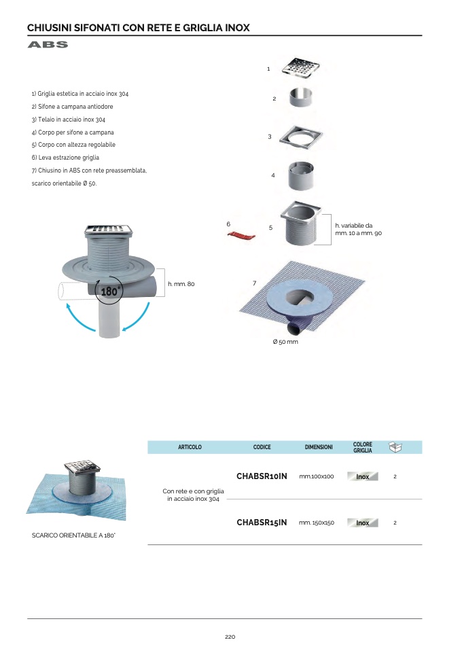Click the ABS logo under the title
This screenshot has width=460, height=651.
(x=48, y=44)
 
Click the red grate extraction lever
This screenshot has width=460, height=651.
(x=241, y=236)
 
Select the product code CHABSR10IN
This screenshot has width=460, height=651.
(x=262, y=476)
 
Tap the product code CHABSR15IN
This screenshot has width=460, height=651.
(x=262, y=523)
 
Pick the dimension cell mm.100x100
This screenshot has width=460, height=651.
(x=317, y=476)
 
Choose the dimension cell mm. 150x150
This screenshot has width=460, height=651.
(x=317, y=523)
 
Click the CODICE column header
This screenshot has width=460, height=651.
(x=262, y=447)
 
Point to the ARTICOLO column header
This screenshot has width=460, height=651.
(x=190, y=447)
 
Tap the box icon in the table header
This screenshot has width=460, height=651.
(x=395, y=447)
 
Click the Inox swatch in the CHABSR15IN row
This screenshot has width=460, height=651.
(x=362, y=523)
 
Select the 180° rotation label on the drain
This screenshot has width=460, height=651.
(x=109, y=291)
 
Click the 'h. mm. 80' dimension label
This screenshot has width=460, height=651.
(x=181, y=284)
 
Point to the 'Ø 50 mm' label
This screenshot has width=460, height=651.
(x=285, y=342)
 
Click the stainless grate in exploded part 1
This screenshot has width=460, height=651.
(x=300, y=67)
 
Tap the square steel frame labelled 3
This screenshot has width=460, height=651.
(x=300, y=137)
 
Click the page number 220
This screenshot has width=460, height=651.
(x=230, y=637)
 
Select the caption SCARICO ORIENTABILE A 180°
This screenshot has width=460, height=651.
(x=73, y=535)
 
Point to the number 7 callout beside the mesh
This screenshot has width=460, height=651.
(x=255, y=283)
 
